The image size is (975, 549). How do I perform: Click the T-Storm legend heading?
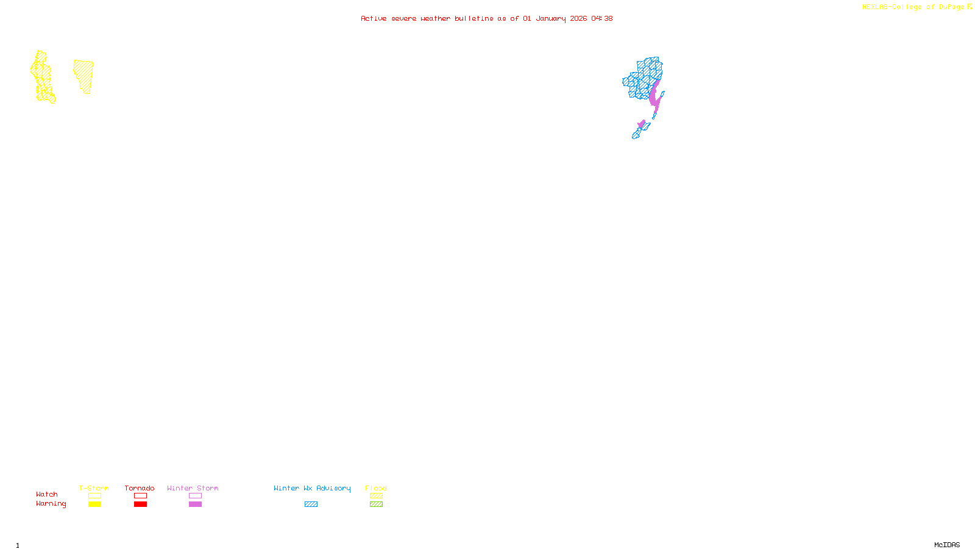pos(94,488)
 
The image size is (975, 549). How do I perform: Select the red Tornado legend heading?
pos(140,488)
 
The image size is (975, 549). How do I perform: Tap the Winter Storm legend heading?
pos(193,488)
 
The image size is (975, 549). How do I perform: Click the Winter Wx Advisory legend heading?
pos(312,488)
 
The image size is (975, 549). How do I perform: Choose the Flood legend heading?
pos(376,488)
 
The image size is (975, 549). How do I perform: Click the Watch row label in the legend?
pos(47,494)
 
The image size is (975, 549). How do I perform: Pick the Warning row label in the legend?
pos(51,504)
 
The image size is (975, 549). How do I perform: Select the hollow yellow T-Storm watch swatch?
pos(94,496)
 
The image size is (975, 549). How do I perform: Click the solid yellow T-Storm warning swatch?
pos(94,504)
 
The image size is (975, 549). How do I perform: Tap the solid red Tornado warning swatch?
pos(141,504)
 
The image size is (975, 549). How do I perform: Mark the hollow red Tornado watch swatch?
pos(141,496)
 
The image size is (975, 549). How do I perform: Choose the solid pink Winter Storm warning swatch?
pos(195,504)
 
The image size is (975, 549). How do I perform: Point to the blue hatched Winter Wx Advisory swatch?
pos(311,504)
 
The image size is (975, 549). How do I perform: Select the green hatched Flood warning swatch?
pos(376,504)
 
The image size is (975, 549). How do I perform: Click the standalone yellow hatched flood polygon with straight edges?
pos(84,76)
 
